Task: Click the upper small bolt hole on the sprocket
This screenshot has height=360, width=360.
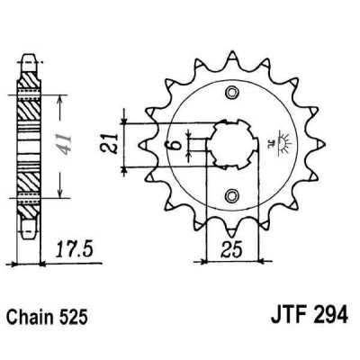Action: pyautogui.click(x=231, y=93)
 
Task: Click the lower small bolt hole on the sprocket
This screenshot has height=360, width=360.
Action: pyautogui.click(x=231, y=193)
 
